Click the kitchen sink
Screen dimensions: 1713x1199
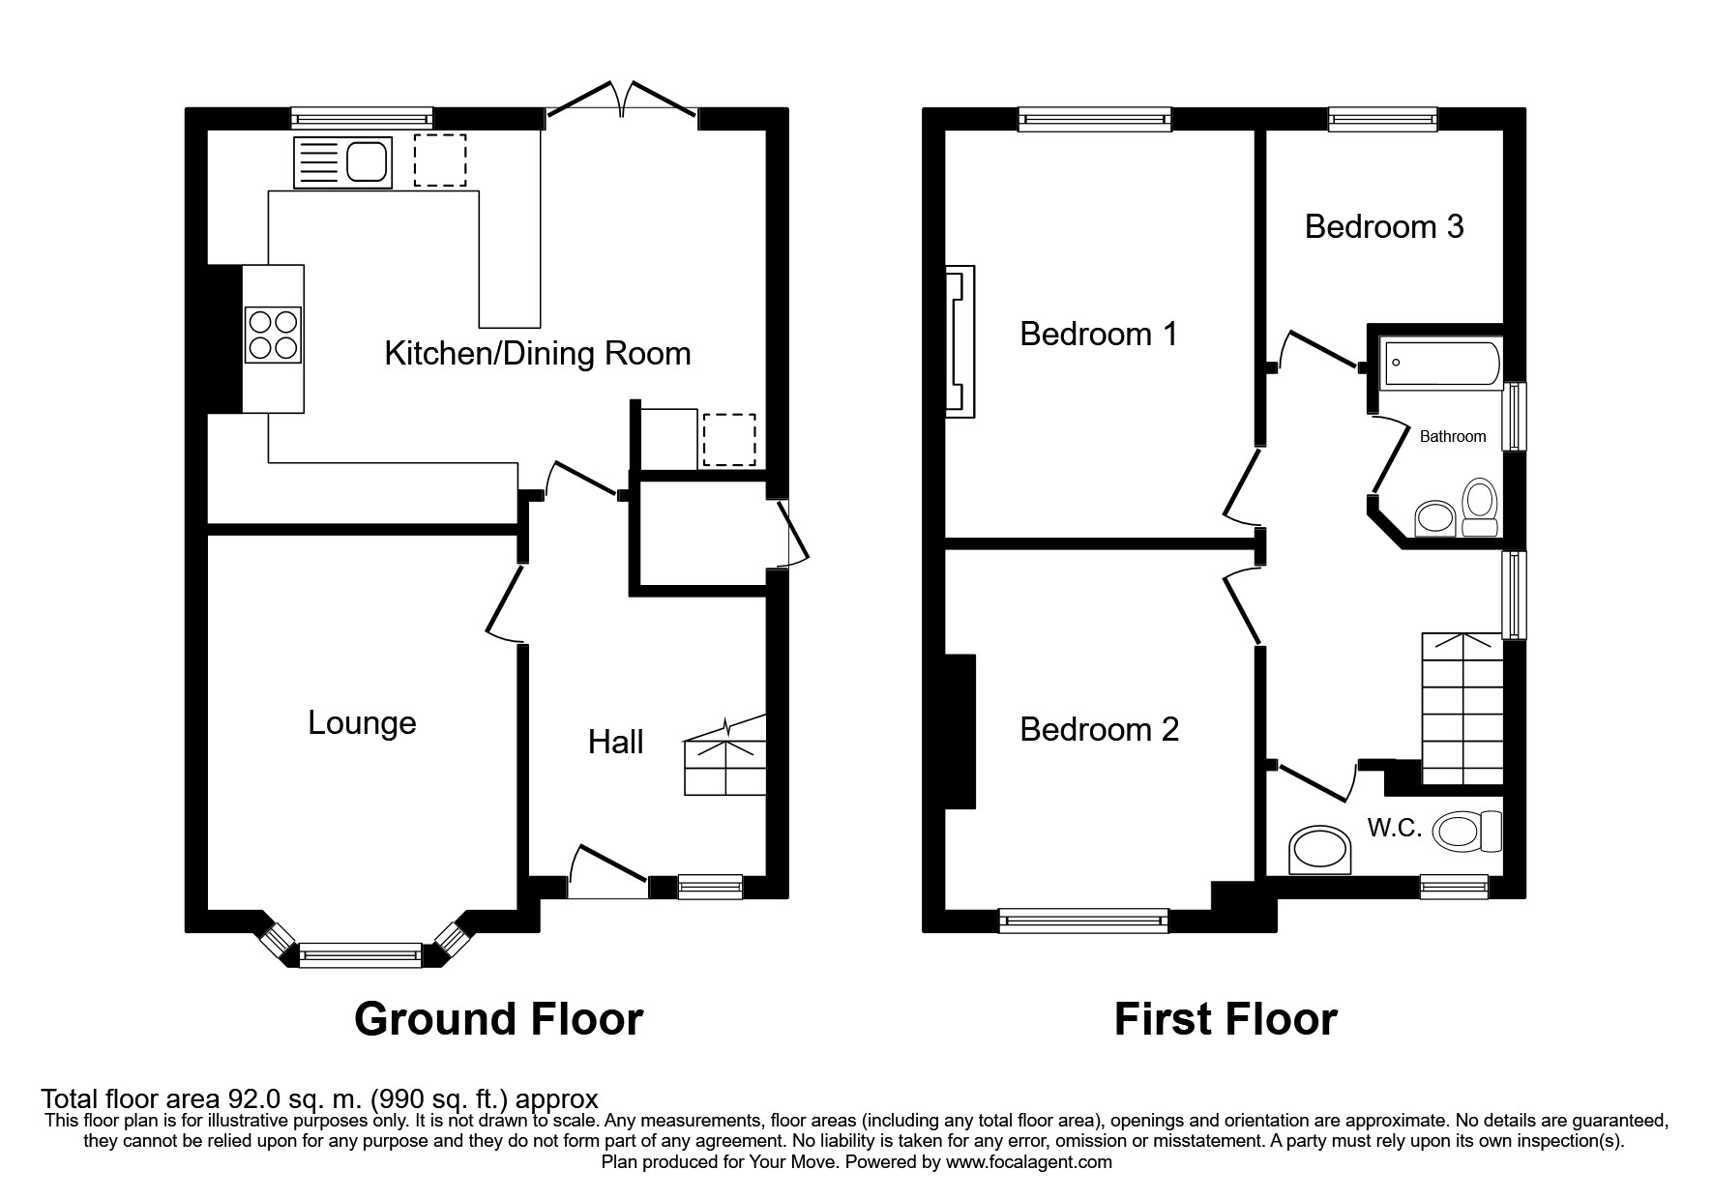[x=343, y=161]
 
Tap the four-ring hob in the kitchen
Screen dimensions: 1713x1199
[x=273, y=335]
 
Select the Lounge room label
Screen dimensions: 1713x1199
[x=362, y=722]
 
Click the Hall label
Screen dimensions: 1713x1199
[x=615, y=742]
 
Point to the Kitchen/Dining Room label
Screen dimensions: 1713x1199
[x=538, y=354]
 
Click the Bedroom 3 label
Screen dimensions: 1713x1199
[x=1383, y=226]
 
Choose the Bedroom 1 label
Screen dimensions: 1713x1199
[x=1099, y=335]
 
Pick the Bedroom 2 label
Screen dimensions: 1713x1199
[x=1099, y=729]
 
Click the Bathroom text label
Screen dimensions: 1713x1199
[x=1452, y=437]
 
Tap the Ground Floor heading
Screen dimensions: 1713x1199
[x=498, y=1019]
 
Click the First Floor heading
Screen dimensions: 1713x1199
[x=1226, y=1019]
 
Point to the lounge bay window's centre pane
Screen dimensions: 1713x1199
[x=361, y=956]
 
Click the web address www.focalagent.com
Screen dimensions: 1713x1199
[x=1028, y=1162]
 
